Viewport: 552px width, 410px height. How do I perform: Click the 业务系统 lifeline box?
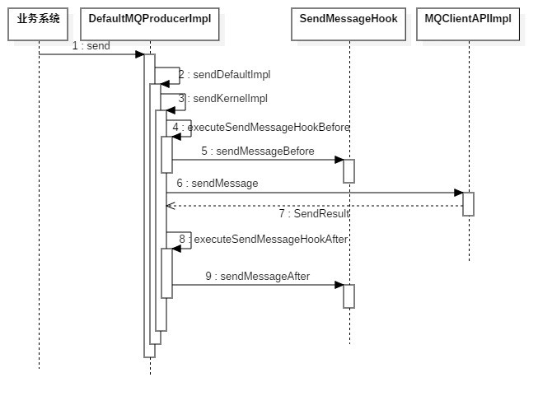39,19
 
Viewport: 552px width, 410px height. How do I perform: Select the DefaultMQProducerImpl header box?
150,19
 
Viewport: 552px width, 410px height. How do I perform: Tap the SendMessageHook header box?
349,19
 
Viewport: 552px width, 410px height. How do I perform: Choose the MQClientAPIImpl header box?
468,19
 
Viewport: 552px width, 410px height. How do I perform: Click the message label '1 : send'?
91,46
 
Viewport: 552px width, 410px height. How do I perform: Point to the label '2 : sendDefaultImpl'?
224,74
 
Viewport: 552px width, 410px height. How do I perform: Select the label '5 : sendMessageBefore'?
257,151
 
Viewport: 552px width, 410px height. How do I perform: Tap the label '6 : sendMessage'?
218,184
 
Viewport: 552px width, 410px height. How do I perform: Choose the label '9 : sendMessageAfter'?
258,277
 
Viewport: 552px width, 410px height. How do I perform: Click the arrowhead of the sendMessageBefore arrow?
339,160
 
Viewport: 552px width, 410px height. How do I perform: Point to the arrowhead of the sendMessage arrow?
458,193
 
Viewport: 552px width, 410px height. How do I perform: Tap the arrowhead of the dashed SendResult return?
171,205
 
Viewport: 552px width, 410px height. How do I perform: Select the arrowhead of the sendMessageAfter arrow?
339,285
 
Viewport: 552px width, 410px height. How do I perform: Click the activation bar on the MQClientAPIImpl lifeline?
468,204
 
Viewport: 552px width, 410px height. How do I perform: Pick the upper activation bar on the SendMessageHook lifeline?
349,170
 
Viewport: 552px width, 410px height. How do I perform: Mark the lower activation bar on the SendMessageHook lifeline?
349,296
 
